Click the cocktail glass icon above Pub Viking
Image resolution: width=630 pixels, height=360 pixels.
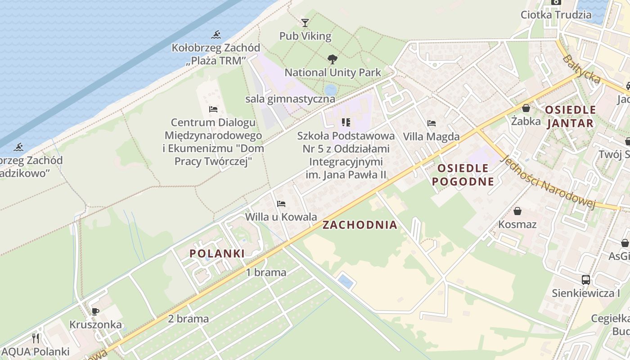click(x=305, y=22)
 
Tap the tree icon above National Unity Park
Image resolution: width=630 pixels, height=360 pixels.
click(x=333, y=59)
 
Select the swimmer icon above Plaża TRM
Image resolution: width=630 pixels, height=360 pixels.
click(x=216, y=35)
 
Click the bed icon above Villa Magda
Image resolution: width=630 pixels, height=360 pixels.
click(x=432, y=123)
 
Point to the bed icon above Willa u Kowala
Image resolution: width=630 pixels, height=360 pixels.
click(x=281, y=203)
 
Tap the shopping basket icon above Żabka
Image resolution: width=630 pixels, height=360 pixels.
click(x=526, y=108)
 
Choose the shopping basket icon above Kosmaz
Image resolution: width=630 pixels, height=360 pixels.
click(x=517, y=211)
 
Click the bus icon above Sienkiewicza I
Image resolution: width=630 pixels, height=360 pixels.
click(x=585, y=279)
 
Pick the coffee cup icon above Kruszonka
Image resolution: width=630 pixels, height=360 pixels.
click(x=95, y=311)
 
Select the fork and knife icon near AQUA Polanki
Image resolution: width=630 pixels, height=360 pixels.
click(x=36, y=338)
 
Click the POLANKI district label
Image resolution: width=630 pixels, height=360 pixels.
click(x=217, y=253)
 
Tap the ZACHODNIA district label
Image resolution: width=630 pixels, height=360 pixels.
click(x=360, y=225)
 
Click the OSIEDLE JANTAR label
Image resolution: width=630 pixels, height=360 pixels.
click(x=571, y=117)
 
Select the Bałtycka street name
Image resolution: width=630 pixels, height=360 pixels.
click(x=581, y=69)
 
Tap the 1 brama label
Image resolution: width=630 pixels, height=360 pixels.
click(x=266, y=272)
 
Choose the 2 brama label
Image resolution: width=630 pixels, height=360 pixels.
click(x=189, y=319)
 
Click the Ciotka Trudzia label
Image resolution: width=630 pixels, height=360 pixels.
click(x=556, y=14)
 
